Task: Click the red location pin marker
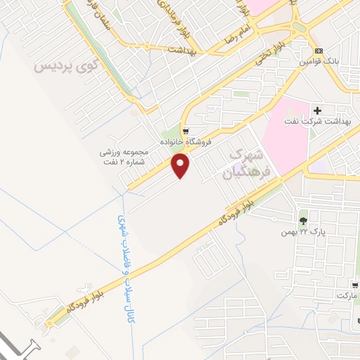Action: tap(181, 166)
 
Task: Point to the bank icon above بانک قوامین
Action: tap(319, 51)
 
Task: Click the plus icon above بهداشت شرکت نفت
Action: tap(318, 110)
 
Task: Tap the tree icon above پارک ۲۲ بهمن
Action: tap(303, 214)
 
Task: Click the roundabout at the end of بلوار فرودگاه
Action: tap(49, 324)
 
